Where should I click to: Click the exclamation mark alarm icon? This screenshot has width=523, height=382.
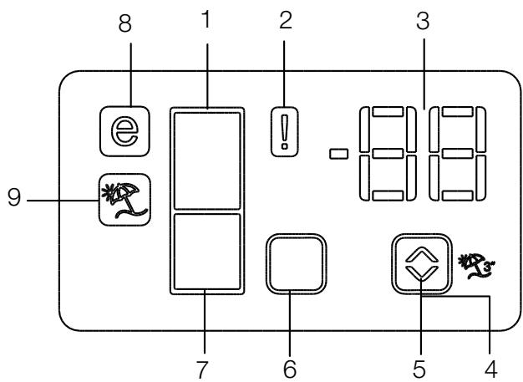click(x=287, y=133)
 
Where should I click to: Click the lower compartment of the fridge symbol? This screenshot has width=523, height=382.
click(x=206, y=252)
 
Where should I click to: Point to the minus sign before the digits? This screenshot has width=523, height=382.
click(x=338, y=154)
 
